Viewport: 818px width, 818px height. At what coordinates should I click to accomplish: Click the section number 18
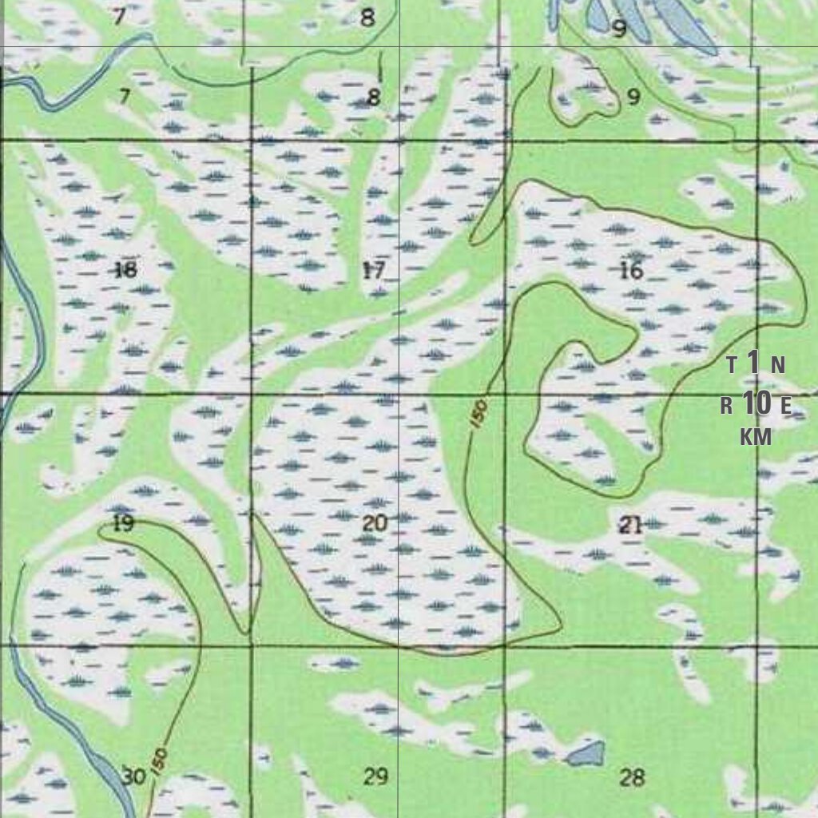tap(125, 269)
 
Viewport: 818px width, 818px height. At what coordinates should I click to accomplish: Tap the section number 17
tap(373, 271)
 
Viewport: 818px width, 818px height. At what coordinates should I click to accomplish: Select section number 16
tap(631, 271)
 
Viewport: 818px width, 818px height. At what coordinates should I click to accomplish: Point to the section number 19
tap(123, 524)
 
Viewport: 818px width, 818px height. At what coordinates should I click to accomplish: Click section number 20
tap(375, 524)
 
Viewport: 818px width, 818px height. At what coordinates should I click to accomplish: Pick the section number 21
tap(631, 525)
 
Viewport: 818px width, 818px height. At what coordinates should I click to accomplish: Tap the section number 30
tap(133, 776)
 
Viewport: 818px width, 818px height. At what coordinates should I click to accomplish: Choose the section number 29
tap(375, 776)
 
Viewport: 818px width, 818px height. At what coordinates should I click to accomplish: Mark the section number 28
tap(632, 777)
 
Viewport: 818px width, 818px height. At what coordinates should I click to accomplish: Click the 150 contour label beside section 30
tap(158, 755)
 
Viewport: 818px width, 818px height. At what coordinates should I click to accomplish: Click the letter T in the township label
tap(732, 366)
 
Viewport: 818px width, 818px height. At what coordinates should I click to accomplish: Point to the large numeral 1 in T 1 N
tap(754, 363)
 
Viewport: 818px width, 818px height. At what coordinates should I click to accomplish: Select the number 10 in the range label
tap(756, 404)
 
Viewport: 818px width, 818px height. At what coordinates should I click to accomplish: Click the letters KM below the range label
tap(756, 437)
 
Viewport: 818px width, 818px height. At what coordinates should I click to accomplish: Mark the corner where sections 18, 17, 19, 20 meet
tap(252, 394)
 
